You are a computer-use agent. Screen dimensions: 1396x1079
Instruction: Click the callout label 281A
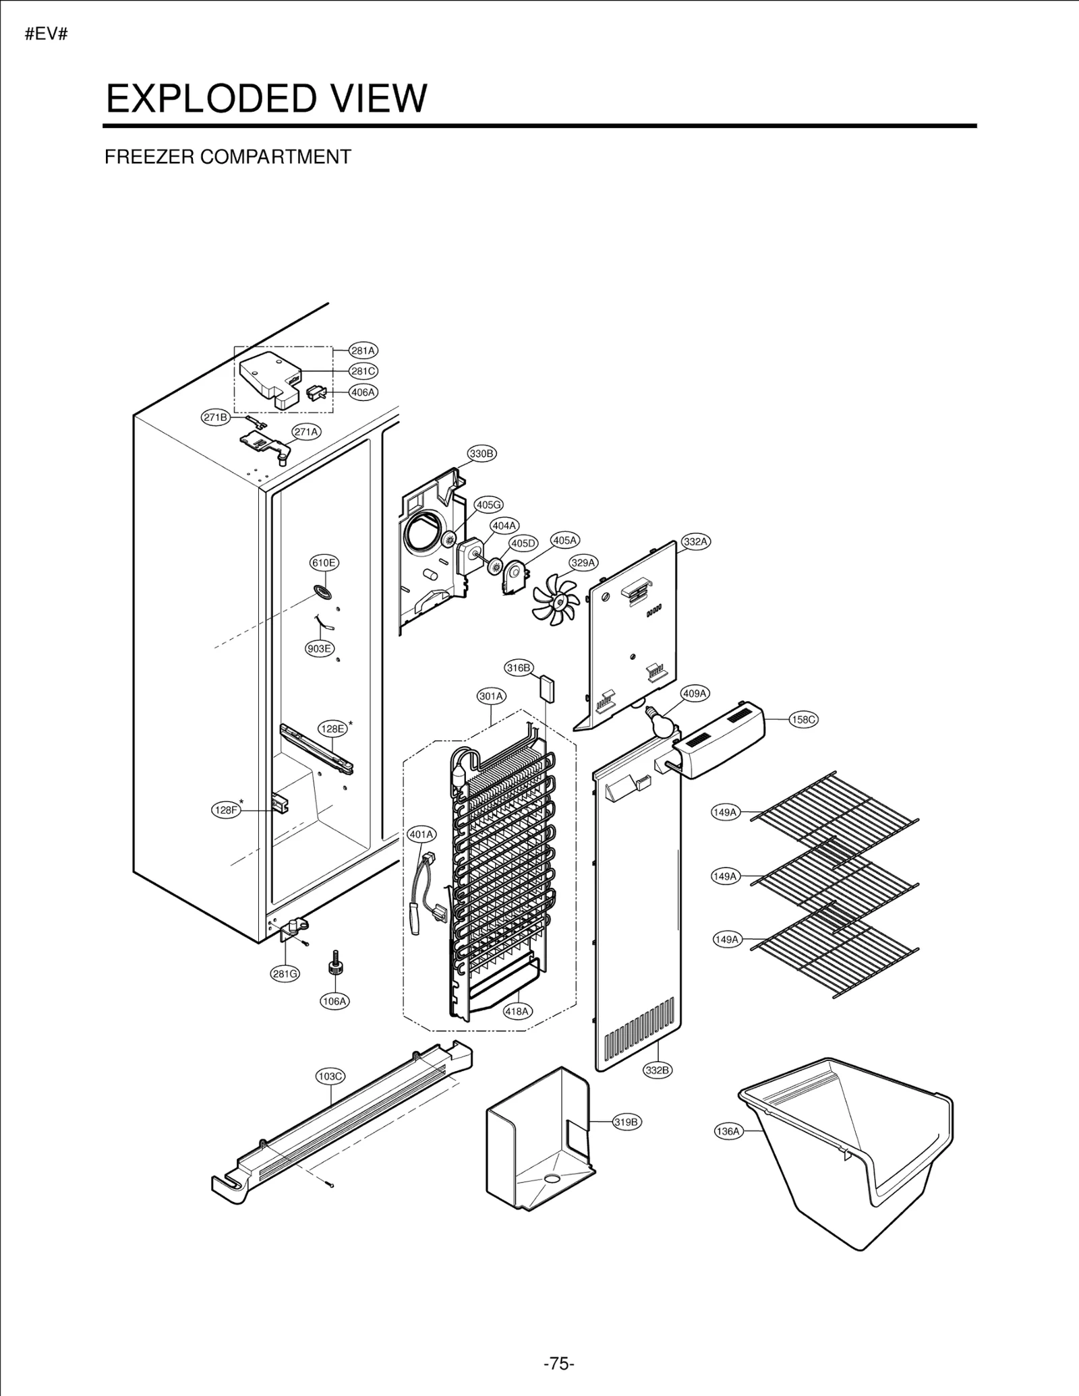point(363,351)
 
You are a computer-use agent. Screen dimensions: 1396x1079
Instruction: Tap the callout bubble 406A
point(363,392)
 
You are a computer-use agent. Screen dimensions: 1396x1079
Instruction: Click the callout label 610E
point(324,563)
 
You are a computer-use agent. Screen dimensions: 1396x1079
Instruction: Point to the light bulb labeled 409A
point(660,721)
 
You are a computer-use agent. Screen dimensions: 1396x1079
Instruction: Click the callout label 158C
point(803,720)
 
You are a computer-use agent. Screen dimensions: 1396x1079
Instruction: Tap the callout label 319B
point(626,1122)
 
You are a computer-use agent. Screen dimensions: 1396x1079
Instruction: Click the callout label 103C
point(330,1076)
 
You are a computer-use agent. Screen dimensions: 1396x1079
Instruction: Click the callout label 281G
point(285,974)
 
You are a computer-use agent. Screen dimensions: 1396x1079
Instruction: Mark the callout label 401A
point(421,834)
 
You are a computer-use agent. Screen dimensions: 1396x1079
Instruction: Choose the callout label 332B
point(658,1070)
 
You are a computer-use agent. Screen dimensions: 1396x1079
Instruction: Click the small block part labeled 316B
point(546,690)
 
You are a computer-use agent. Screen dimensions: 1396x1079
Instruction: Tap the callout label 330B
point(482,454)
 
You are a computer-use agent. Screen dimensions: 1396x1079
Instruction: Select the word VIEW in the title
point(377,98)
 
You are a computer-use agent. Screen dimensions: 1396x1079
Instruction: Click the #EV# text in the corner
point(46,35)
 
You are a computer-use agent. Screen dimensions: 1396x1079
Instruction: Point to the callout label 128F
point(226,810)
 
